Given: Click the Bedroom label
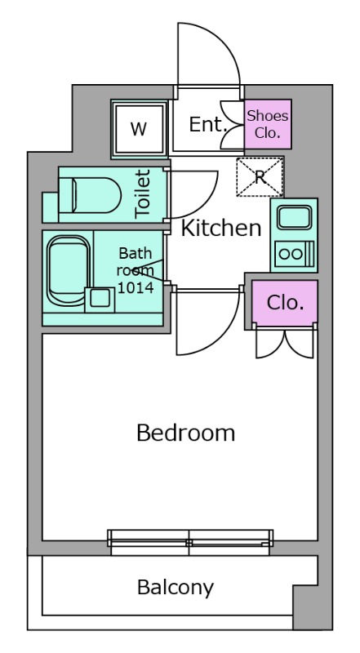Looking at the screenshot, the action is [x=186, y=433].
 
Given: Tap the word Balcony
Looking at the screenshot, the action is [x=176, y=588].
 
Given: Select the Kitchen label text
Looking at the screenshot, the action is [x=221, y=228].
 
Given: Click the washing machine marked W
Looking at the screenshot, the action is [x=139, y=129].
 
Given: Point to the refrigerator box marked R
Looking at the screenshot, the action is [x=260, y=176].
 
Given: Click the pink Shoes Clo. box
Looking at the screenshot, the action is [x=268, y=124].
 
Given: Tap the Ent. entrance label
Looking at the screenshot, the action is [x=208, y=124].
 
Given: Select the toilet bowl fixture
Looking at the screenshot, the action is [x=90, y=195].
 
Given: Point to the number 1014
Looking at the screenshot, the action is [x=136, y=287].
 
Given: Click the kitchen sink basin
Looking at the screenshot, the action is [x=294, y=218].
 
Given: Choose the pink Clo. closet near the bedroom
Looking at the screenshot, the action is [x=285, y=303].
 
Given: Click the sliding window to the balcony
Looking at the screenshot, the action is [x=190, y=542].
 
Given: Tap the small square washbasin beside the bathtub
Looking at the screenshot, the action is [x=100, y=300].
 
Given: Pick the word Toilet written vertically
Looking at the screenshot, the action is [x=143, y=193].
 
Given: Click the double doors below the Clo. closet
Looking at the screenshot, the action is [x=285, y=343].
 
